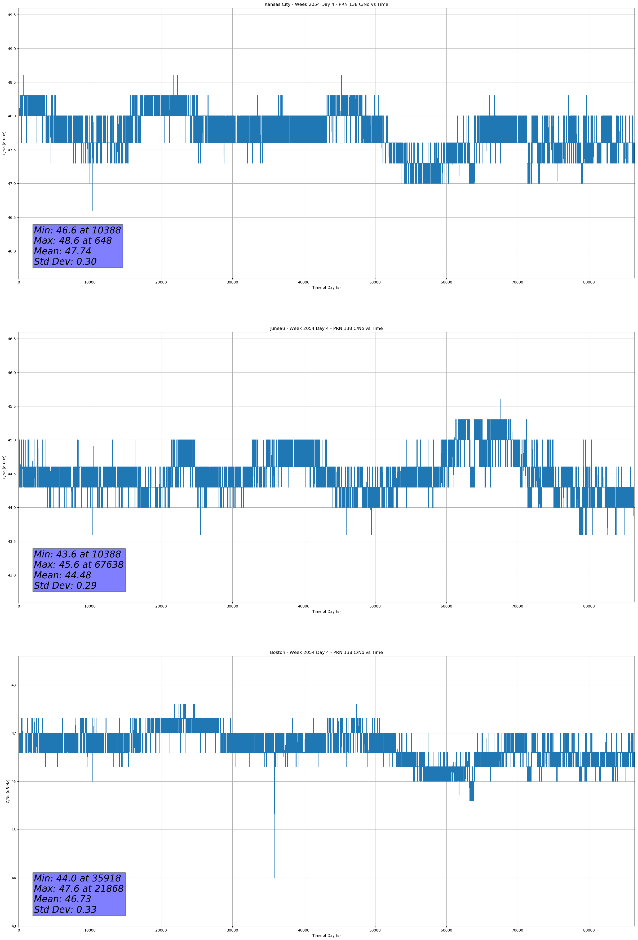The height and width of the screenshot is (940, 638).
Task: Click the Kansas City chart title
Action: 326,5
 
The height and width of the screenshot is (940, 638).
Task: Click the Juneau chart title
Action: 326,329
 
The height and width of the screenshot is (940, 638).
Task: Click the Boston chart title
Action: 326,653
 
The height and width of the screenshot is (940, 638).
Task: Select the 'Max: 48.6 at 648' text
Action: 73,241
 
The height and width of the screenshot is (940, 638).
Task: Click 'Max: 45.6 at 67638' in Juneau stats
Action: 78,565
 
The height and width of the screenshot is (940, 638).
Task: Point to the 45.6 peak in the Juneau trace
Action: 501,400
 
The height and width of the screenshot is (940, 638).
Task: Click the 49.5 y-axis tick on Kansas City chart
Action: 11,15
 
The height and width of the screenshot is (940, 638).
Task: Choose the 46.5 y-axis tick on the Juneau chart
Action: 11,339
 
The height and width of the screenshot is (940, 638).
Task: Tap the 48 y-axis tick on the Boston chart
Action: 14,685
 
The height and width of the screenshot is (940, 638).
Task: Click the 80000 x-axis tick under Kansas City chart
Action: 589,282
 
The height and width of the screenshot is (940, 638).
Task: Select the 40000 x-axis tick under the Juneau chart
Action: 303,606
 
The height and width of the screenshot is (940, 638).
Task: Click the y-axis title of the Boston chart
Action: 8,791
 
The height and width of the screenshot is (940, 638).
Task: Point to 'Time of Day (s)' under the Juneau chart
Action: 326,611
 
